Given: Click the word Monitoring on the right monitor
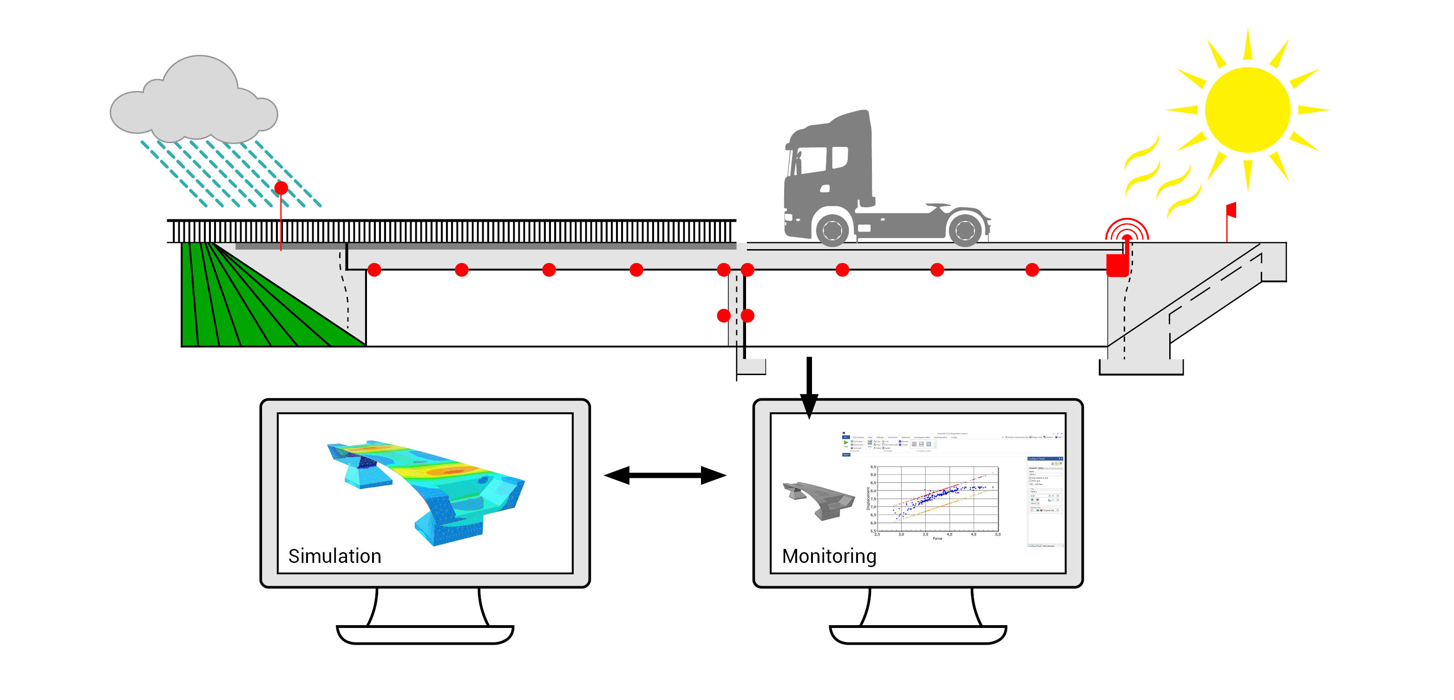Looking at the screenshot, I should click(829, 556).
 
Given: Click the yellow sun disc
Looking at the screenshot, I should click(1247, 110).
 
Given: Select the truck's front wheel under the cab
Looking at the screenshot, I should click(832, 229).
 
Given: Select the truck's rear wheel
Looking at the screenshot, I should click(965, 229).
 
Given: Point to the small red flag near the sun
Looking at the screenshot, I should click(1231, 210).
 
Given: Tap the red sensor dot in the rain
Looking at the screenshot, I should click(281, 188).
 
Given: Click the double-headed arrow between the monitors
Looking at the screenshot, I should click(665, 475).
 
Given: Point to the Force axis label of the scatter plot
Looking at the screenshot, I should click(937, 538).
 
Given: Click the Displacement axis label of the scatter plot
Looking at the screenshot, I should click(868, 498).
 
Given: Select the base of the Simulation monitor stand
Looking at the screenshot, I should click(425, 634).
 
